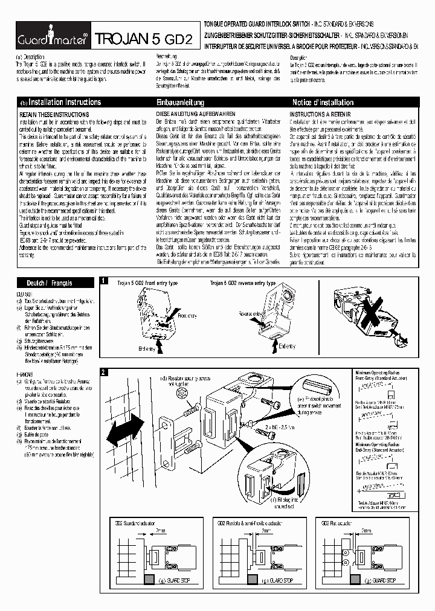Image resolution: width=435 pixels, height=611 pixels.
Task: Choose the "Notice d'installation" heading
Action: [x=323, y=103]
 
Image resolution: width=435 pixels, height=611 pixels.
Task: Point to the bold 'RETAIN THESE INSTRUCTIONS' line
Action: [x=54, y=114]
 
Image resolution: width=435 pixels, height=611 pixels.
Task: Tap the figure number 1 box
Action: [x=104, y=281]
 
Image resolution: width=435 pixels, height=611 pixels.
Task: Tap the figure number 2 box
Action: [x=104, y=371]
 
